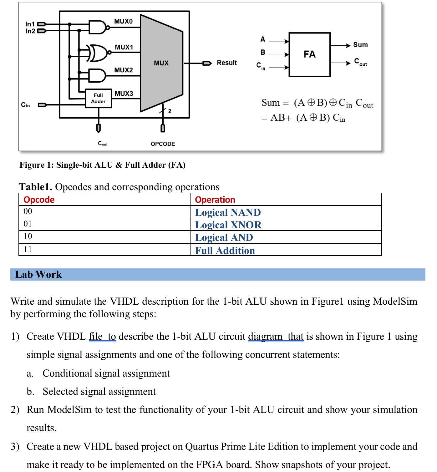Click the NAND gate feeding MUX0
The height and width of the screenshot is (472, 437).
click(97, 28)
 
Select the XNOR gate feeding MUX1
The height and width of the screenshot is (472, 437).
click(99, 53)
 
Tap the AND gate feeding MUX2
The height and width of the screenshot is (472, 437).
click(97, 75)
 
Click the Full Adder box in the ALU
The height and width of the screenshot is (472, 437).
click(98, 98)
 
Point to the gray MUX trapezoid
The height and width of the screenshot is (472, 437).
click(161, 63)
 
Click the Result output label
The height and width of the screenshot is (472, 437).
click(226, 63)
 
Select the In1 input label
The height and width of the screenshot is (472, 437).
click(30, 24)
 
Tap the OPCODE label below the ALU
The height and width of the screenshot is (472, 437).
click(163, 144)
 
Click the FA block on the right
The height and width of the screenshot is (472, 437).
click(309, 54)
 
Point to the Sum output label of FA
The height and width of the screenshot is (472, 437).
click(360, 45)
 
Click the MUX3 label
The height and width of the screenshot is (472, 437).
click(124, 94)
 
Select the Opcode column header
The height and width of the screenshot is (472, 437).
click(39, 200)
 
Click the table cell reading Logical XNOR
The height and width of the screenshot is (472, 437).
click(228, 225)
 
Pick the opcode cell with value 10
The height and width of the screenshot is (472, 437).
click(28, 236)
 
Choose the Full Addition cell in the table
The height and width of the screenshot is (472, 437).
click(225, 251)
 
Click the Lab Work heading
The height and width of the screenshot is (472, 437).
click(38, 274)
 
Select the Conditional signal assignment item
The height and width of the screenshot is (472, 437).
click(106, 373)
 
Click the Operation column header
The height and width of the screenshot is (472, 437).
click(215, 200)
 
